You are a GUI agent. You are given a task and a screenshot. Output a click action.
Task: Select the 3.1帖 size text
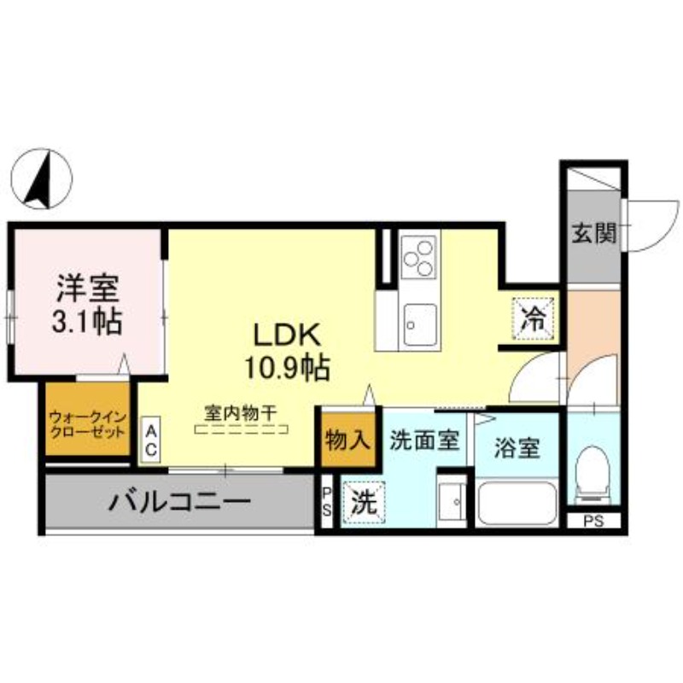click(x=86, y=322)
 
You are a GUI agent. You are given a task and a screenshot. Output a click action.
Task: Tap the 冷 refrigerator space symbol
click(x=533, y=318)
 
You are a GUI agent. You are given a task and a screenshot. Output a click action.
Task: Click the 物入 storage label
click(x=347, y=441)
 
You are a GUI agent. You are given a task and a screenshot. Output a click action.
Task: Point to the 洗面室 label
click(x=425, y=441)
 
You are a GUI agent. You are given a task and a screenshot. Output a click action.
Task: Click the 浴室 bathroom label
click(x=517, y=447)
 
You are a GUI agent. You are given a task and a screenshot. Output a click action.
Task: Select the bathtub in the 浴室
click(x=517, y=504)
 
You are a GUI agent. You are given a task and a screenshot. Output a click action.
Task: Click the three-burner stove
click(x=417, y=257)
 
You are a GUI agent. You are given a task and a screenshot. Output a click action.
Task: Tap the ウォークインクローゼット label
click(x=87, y=423)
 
